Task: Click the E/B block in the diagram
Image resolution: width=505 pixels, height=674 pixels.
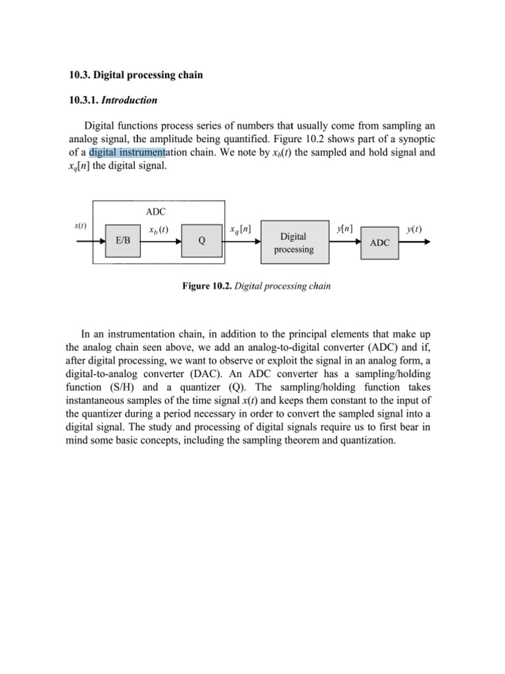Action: point(123,241)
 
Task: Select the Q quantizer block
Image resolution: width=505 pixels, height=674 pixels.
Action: point(201,241)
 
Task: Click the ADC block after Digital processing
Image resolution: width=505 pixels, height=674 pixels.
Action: point(380,242)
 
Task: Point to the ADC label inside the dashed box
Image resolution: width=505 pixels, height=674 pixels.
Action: point(156,211)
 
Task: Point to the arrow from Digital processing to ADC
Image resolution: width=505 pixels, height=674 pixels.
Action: point(346,241)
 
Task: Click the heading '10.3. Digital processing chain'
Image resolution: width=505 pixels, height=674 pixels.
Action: point(136,75)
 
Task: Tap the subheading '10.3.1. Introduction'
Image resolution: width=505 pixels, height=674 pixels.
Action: point(113,100)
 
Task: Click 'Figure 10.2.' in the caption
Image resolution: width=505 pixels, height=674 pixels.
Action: point(206,286)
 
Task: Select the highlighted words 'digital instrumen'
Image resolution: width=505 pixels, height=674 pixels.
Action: point(128,153)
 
